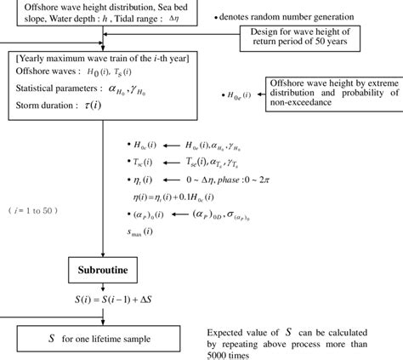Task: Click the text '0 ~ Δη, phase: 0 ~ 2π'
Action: pyautogui.click(x=235, y=180)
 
